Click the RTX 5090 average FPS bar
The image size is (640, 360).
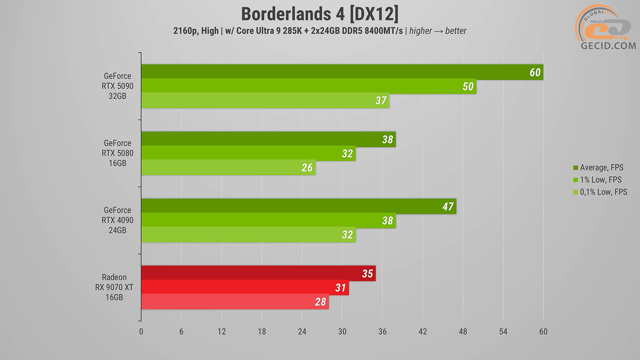[x=333, y=72]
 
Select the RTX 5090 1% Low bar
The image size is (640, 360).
[x=300, y=86]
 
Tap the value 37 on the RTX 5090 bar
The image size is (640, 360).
[x=381, y=100]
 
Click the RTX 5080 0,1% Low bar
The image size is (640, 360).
[x=227, y=167]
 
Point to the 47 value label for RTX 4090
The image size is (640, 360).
[x=448, y=207]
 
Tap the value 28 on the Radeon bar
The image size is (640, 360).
[x=320, y=302]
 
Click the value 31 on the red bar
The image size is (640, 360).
[x=340, y=288]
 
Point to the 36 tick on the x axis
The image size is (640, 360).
[x=382, y=332]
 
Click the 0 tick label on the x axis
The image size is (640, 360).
[x=141, y=332]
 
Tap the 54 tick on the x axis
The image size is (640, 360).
[x=503, y=332]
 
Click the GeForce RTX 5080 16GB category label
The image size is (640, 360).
[x=117, y=153]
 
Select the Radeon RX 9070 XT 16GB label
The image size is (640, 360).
[x=114, y=287]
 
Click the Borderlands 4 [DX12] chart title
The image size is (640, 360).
[x=319, y=14]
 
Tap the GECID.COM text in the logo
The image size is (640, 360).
[x=608, y=46]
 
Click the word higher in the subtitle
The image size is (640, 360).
[x=420, y=31]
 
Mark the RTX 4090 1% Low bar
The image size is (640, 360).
[x=267, y=220]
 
